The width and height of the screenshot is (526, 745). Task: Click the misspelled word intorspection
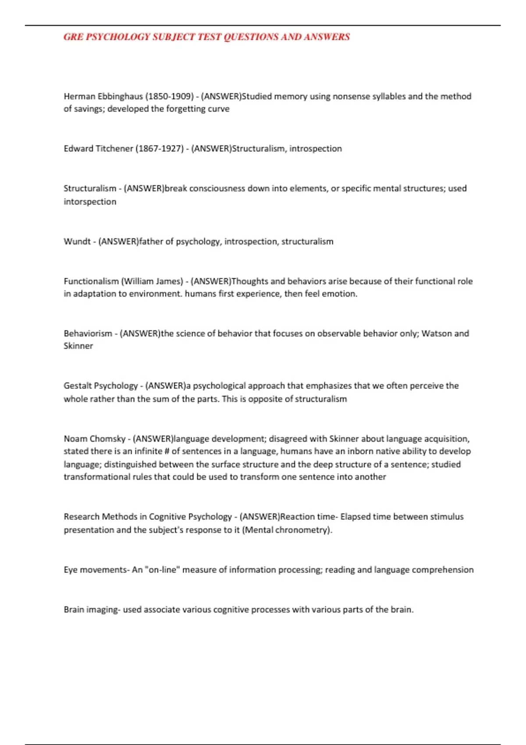(90, 202)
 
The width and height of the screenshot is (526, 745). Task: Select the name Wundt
(77, 241)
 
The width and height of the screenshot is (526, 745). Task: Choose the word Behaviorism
(88, 333)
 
